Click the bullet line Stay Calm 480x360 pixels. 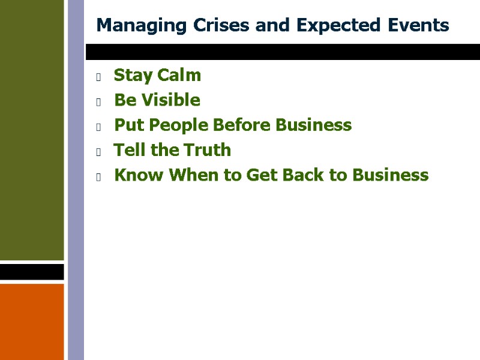point(157,76)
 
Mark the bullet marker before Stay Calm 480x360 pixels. point(98,76)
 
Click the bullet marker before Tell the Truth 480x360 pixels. point(98,151)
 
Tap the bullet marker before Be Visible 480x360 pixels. point(98,101)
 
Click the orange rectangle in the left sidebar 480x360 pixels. point(32,322)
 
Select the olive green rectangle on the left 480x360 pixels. point(32,130)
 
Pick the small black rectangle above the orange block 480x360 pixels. point(32,272)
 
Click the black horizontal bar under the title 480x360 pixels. point(282,52)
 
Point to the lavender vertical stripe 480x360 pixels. point(76,180)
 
